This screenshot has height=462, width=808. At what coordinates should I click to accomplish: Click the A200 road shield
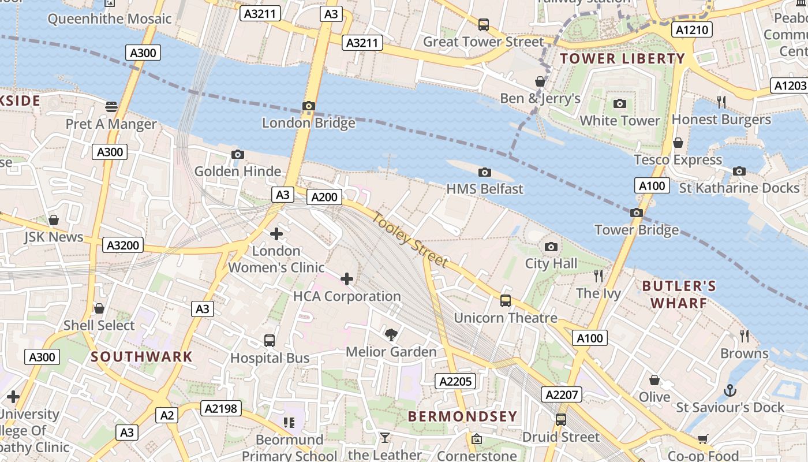click(324, 197)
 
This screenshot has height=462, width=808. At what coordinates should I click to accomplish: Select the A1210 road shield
click(693, 29)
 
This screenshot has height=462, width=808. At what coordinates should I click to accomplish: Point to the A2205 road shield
click(456, 381)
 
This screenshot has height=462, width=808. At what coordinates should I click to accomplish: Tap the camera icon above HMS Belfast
click(485, 172)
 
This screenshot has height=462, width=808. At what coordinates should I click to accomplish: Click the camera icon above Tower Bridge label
click(637, 213)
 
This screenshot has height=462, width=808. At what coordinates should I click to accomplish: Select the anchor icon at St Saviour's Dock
click(730, 390)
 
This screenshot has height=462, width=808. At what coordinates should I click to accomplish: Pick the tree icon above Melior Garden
click(391, 334)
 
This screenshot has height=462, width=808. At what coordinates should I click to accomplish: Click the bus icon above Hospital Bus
click(270, 341)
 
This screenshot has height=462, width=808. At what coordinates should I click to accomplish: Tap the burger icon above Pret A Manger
click(111, 107)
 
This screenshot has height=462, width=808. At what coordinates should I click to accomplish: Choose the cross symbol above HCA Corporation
click(347, 280)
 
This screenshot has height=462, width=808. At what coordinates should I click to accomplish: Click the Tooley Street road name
click(410, 240)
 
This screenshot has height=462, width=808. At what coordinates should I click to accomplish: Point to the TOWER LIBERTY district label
click(622, 58)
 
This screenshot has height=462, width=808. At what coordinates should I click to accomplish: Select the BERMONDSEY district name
click(462, 416)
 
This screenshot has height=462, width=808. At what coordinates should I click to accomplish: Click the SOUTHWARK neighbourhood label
click(141, 356)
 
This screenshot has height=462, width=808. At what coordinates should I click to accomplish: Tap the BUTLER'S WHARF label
click(679, 295)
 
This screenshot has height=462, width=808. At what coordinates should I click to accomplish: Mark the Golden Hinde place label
click(238, 172)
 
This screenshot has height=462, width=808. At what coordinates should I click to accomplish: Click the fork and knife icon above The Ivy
click(598, 276)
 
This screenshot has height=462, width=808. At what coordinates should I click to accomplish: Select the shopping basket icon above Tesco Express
click(678, 143)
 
